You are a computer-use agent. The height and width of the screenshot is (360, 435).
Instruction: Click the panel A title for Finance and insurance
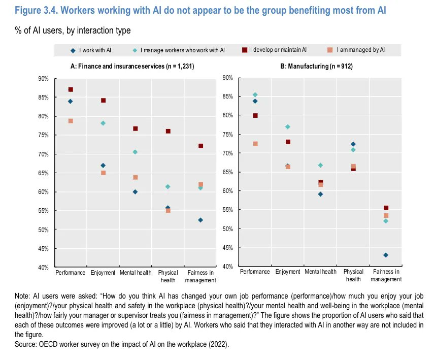(132, 67)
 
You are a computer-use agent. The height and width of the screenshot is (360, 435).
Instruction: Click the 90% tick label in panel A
(43, 79)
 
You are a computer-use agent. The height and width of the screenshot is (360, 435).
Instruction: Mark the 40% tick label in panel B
(227, 267)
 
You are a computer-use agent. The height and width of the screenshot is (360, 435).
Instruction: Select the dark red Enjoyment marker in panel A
(103, 101)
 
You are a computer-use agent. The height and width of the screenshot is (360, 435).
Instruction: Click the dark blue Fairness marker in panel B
(386, 255)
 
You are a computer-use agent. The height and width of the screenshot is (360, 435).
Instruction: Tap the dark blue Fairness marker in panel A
(200, 220)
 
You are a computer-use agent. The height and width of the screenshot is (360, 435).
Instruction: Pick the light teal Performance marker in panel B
(255, 95)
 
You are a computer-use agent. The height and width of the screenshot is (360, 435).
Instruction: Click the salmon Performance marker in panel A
(71, 121)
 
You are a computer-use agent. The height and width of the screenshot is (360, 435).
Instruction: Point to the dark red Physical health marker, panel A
(168, 131)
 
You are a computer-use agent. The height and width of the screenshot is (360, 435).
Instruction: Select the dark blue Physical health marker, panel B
(353, 144)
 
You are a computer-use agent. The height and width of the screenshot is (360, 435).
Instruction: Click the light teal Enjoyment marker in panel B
(288, 126)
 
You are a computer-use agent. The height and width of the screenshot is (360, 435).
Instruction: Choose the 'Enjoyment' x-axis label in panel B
(288, 272)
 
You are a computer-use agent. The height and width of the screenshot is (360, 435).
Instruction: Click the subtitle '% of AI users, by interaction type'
(73, 31)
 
